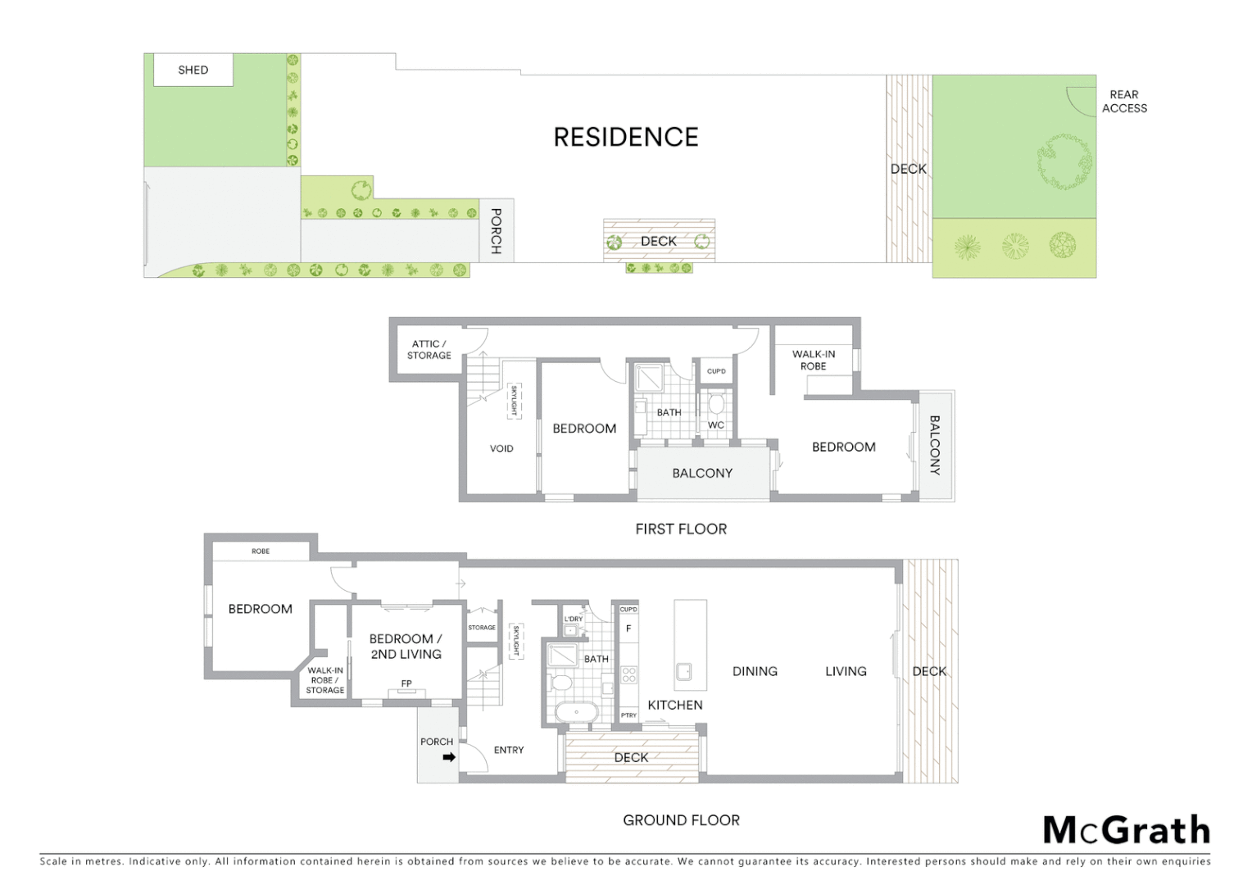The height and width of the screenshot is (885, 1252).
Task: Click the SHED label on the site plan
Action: (193, 70)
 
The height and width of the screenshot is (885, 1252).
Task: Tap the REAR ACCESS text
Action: (1124, 102)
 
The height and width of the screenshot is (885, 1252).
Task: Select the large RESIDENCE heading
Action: (626, 138)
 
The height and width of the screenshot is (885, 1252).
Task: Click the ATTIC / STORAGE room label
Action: (429, 350)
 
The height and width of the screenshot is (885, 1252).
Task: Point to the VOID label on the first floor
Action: (501, 449)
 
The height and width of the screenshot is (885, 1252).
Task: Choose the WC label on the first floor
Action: (716, 425)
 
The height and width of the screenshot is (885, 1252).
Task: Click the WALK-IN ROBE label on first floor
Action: (814, 361)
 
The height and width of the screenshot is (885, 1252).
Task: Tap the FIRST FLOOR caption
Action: (681, 529)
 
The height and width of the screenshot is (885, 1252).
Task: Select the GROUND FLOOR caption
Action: (681, 820)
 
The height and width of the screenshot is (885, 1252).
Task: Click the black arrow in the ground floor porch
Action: (449, 757)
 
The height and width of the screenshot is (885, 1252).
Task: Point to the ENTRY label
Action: (509, 750)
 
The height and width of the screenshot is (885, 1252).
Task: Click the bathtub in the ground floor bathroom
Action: (577, 711)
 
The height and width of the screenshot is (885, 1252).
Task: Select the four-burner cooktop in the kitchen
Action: (629, 674)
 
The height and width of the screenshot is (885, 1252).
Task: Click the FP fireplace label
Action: (406, 683)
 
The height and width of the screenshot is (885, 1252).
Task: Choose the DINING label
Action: (755, 671)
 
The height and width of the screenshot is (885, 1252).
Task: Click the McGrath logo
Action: (1127, 830)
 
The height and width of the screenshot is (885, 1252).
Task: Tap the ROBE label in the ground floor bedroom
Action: (261, 551)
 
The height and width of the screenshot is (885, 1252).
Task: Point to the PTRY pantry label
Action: (628, 715)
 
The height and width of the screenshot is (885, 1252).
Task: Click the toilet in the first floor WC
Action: (716, 404)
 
